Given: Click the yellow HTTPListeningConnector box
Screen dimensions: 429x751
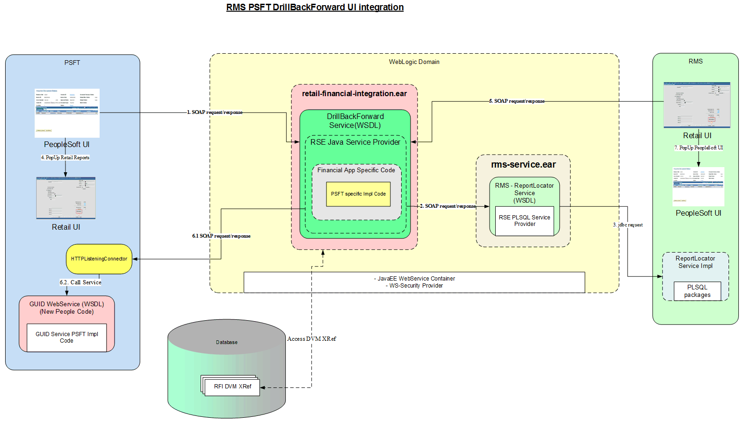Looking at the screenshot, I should click(x=99, y=259).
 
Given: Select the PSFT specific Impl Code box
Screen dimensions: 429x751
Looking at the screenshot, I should click(x=358, y=194).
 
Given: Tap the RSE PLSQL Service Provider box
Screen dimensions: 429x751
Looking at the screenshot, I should click(x=524, y=221).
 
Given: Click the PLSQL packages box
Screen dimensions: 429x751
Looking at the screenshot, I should click(x=697, y=291).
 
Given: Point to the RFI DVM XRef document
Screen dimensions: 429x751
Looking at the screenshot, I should click(x=232, y=387).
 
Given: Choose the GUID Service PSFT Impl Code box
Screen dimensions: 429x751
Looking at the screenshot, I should click(x=66, y=337).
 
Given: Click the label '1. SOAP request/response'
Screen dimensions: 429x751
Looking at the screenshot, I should click(x=215, y=112).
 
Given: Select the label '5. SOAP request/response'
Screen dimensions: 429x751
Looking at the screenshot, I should click(x=517, y=101).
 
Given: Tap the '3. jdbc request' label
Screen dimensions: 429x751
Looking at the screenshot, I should click(x=628, y=225).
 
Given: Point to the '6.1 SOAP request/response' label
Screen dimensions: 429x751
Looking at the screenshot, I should click(x=221, y=236).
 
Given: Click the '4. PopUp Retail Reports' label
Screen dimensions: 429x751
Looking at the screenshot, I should click(x=65, y=157).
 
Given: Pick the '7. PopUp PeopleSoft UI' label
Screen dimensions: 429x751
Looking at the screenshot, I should click(x=699, y=148).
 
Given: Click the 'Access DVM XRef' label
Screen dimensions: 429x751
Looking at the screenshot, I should click(x=311, y=339).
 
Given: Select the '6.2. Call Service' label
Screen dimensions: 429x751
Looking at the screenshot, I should click(x=80, y=282).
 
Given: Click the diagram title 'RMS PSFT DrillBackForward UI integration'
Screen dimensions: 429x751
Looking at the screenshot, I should click(x=315, y=7).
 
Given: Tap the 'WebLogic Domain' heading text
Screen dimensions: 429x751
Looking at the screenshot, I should click(x=414, y=62).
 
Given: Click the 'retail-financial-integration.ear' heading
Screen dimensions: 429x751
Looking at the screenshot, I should click(x=354, y=93).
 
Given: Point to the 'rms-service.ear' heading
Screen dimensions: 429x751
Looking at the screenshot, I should click(x=523, y=164).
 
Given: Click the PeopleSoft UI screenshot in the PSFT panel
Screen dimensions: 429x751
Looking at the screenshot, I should click(x=67, y=113).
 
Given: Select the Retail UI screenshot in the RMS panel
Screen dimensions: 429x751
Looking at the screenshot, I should click(x=697, y=105).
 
